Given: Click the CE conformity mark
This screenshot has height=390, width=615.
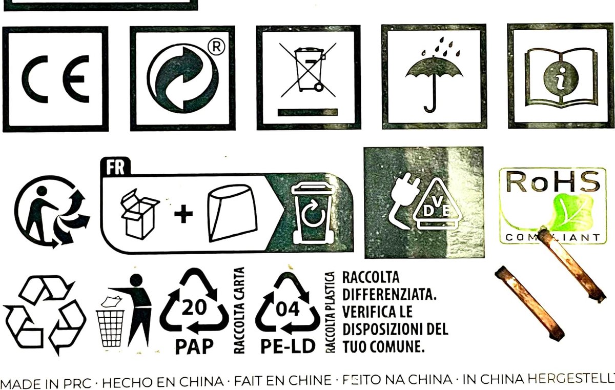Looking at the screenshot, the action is [x=55, y=79].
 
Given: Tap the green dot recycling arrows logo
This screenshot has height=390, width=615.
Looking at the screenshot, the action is [x=183, y=78].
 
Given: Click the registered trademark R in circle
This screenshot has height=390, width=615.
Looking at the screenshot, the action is [x=216, y=47].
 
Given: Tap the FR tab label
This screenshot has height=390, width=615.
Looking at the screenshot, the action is [x=115, y=167].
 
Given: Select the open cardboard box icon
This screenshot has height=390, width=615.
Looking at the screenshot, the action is [x=140, y=214].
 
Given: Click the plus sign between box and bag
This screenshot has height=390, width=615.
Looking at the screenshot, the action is [x=183, y=214].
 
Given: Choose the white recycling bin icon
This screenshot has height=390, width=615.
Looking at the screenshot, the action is [x=313, y=214].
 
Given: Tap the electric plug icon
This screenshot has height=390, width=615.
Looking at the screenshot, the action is [x=403, y=200].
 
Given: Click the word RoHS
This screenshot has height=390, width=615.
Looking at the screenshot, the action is [x=553, y=181].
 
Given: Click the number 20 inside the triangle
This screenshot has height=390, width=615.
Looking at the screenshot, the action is [x=194, y=307].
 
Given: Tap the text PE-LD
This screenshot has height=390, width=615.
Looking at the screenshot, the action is [x=288, y=346].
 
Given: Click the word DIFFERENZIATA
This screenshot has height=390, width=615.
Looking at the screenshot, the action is [x=389, y=295].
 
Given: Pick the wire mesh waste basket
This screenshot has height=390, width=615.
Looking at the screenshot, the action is [x=110, y=329].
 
